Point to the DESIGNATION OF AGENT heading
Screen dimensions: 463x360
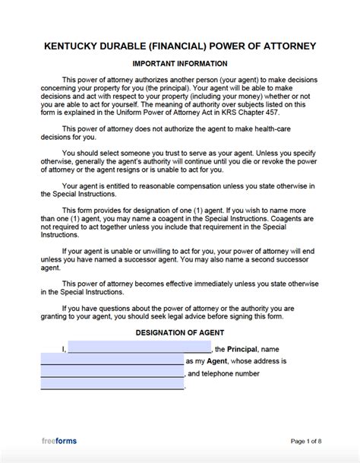click(180, 332)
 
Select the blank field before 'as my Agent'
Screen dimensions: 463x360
click(111, 362)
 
